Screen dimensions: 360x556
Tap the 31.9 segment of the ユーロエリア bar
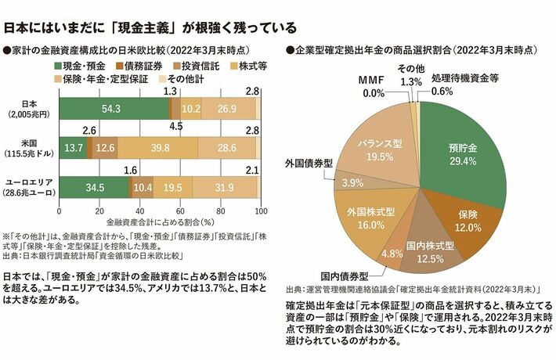[x=224, y=188]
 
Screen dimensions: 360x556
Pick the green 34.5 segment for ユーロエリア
[x=94, y=188]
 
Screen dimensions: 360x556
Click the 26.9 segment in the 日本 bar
[x=228, y=108]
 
